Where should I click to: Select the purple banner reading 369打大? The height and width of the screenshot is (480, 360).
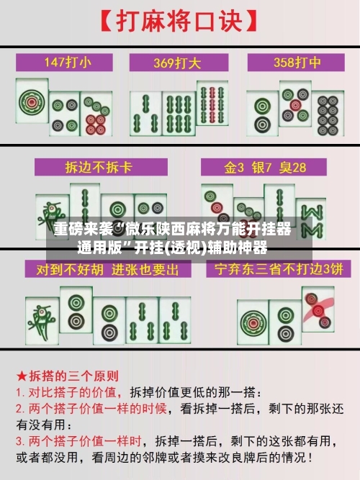pyautogui.click(x=179, y=63)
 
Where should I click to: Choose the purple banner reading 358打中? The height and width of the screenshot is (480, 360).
pyautogui.click(x=292, y=63)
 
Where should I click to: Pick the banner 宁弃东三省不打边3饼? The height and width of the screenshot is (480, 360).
pyautogui.click(x=275, y=270)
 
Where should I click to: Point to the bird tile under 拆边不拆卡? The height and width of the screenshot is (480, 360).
pyautogui.click(x=51, y=216)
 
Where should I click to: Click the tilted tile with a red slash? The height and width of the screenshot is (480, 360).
pyautogui.click(x=318, y=309)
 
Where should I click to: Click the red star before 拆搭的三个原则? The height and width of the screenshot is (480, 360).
pyautogui.click(x=21, y=376)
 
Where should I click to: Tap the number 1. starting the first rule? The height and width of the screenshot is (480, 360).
pyautogui.click(x=21, y=393)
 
